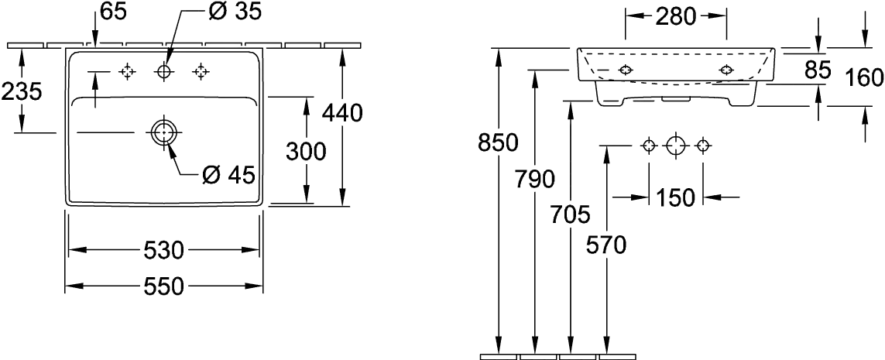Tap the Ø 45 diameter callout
coord(226,176)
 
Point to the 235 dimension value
coord(21,92)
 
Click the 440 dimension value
coord(342,114)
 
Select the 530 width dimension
coord(164,251)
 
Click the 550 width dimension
coord(164,287)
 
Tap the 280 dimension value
coord(676,15)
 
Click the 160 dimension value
coord(866,77)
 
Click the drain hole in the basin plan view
coord(163,133)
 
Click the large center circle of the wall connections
coord(676,146)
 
